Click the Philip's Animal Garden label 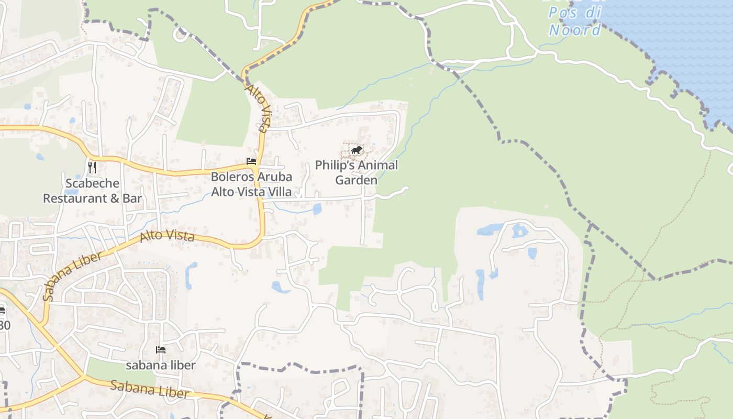tap(356, 172)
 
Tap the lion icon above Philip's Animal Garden tap(357, 151)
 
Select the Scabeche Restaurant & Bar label tap(92, 191)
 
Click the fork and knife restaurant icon tap(92, 167)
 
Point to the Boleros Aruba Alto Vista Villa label tap(251, 184)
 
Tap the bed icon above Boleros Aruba tap(251, 161)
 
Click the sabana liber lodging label tap(161, 365)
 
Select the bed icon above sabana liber tap(161, 349)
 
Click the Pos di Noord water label tap(574, 21)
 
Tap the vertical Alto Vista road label tap(259, 108)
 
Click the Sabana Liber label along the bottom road tap(149, 390)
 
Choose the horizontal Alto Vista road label tap(168, 237)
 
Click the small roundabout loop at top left tap(181, 35)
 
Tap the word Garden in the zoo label tap(356, 180)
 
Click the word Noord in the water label tap(574, 30)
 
